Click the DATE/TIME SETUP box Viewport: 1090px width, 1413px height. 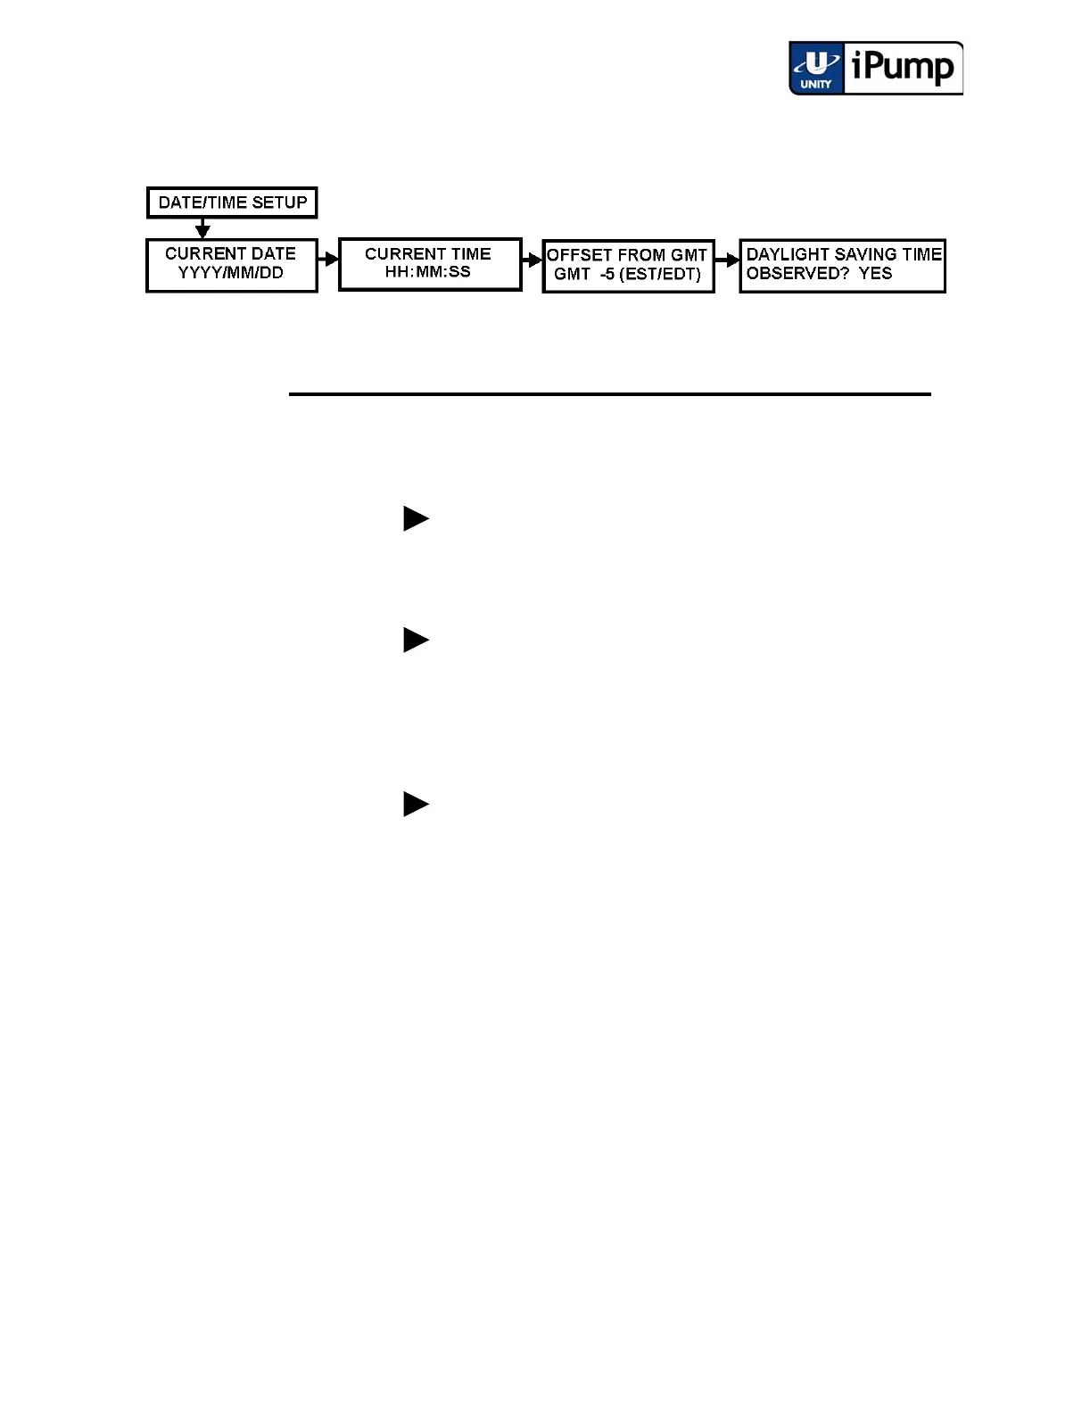[232, 202]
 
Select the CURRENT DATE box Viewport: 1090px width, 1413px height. [231, 264]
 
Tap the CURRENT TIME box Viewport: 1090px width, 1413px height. [429, 263]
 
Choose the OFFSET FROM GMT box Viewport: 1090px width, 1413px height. [628, 265]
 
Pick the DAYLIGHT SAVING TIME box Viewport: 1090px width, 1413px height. [842, 265]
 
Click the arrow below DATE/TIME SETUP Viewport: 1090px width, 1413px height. [202, 228]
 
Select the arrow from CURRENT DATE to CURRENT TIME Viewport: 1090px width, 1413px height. [328, 260]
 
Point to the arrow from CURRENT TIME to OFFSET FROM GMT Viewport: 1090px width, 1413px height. [533, 260]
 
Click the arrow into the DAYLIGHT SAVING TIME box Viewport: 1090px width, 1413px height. [728, 261]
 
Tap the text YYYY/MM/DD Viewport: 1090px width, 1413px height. [230, 273]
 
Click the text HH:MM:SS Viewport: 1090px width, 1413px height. [428, 272]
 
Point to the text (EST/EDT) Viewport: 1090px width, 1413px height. [660, 275]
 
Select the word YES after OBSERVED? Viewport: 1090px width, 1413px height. [875, 274]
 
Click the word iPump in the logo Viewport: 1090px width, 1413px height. [903, 67]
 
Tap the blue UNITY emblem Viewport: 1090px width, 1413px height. [815, 69]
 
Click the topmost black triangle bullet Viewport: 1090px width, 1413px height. [416, 518]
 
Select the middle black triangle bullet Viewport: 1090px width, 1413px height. [416, 640]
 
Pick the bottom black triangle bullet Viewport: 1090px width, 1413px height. [416, 804]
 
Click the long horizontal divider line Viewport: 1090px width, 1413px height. [609, 393]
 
